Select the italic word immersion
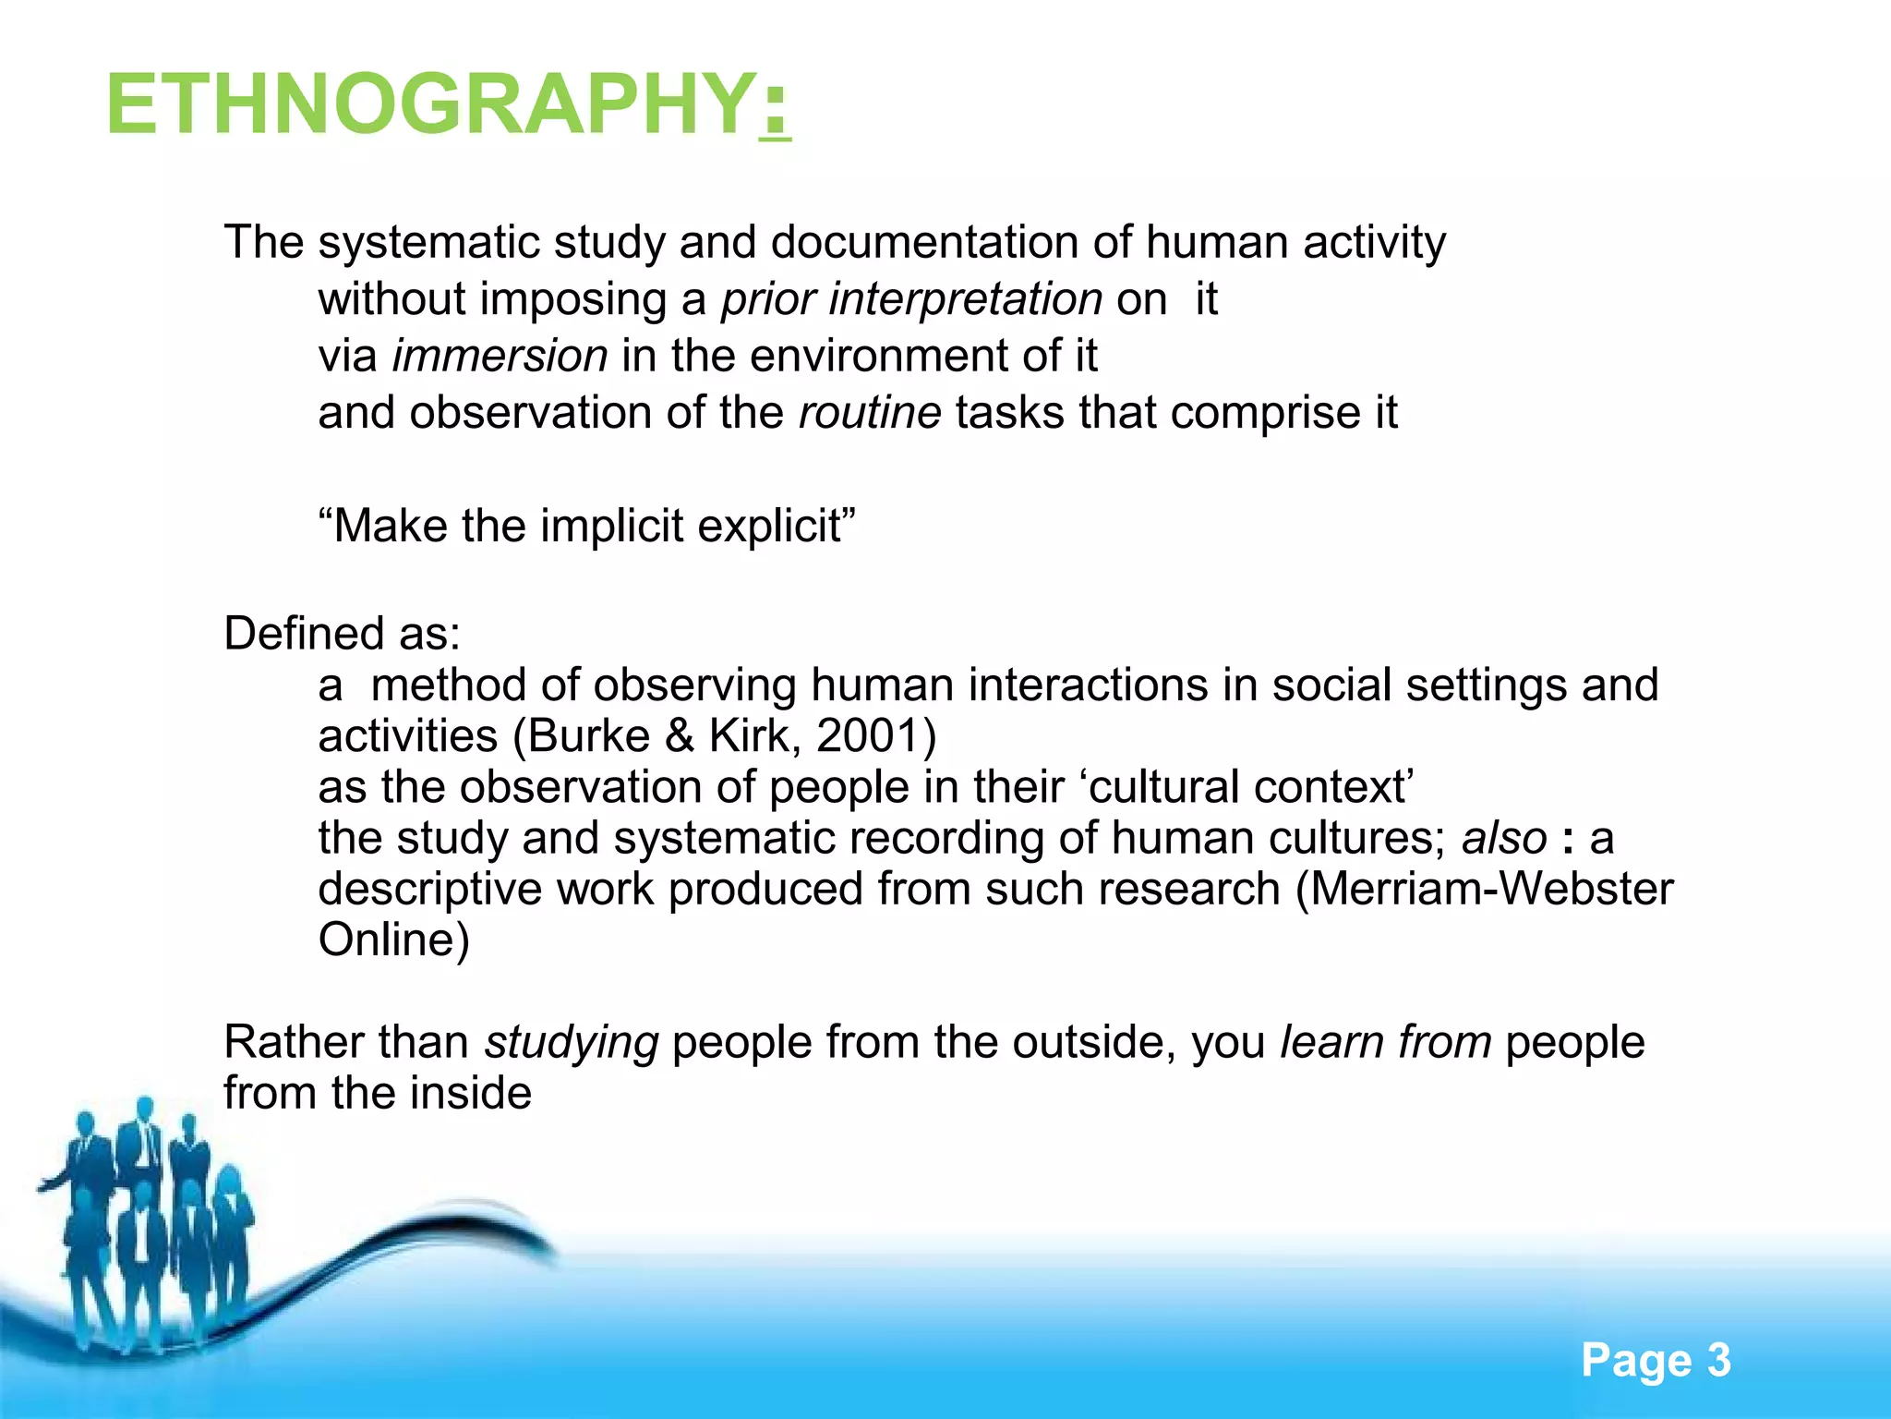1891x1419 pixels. coord(500,356)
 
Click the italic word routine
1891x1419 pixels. coord(870,412)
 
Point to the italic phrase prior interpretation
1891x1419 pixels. coord(911,299)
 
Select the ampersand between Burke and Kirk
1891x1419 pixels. coord(680,736)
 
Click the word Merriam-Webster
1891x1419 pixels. coord(1491,889)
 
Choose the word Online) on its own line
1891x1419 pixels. coord(394,940)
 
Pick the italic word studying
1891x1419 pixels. coord(572,1043)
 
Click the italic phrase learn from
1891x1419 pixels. coord(1385,1042)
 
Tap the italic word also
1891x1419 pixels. coord(1504,838)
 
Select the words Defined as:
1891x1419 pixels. coord(343,634)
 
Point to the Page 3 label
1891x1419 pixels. coord(1656,1360)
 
